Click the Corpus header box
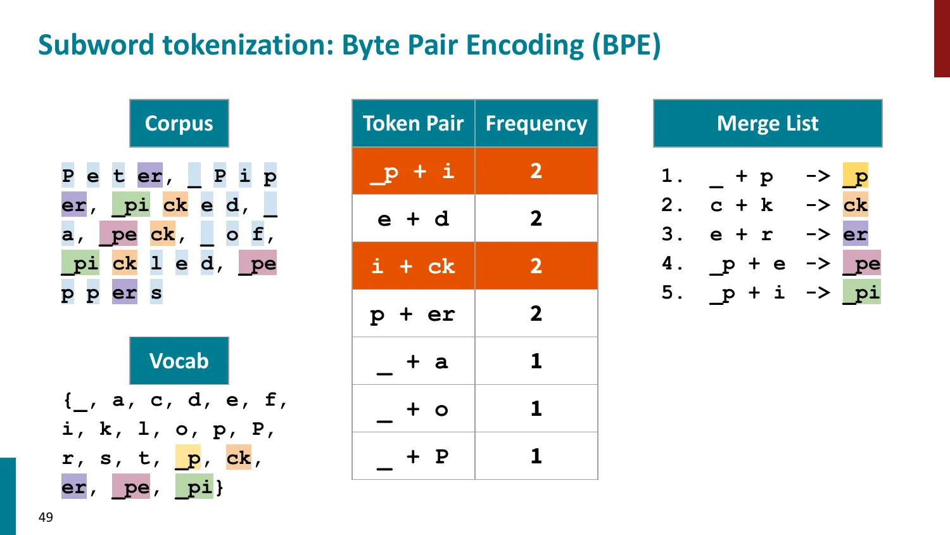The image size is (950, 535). tap(179, 123)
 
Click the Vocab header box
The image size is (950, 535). tap(179, 361)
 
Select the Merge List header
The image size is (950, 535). tap(768, 123)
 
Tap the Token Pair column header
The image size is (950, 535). tap(413, 123)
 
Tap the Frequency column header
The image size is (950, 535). tap(536, 123)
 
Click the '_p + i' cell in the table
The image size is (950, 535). tap(413, 171)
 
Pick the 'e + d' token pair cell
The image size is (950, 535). tap(413, 219)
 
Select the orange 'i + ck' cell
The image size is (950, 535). tap(413, 266)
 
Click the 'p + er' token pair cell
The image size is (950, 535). tap(413, 314)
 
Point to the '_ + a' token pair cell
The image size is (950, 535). tap(413, 361)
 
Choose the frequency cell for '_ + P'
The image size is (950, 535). tap(536, 456)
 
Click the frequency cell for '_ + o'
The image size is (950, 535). tap(536, 409)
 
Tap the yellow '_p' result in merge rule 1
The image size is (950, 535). tap(856, 176)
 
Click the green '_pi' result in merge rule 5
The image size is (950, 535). tap(861, 292)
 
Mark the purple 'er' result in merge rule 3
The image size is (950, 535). tap(856, 234)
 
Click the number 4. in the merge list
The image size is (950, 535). tap(672, 263)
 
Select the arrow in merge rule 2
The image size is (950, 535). tap(818, 205)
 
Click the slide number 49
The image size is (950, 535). tap(46, 517)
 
